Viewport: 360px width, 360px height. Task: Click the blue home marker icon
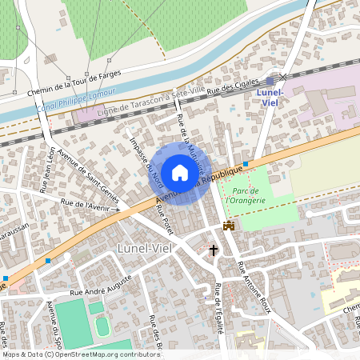180,172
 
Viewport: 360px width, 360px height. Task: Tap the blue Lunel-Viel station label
272,97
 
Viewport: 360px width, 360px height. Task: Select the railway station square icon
271,81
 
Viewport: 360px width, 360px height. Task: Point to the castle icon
229,226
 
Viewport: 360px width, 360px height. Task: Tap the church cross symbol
214,250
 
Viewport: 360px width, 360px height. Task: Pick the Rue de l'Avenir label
86,205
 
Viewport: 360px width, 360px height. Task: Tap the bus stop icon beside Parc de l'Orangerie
246,164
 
